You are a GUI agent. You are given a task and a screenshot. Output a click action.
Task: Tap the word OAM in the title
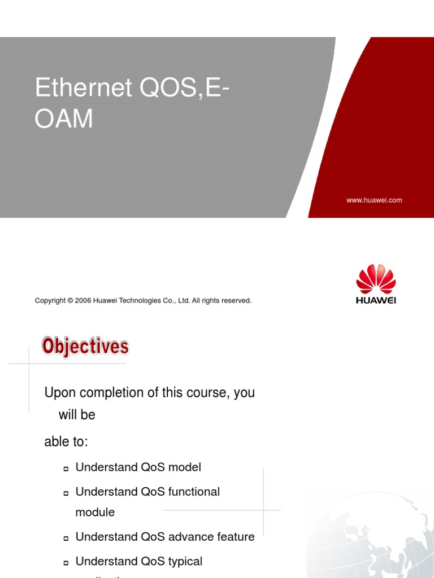[x=64, y=120]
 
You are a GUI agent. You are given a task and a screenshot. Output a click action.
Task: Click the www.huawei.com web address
[x=374, y=200]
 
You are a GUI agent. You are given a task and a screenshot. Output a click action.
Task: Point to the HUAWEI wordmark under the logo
[x=376, y=300]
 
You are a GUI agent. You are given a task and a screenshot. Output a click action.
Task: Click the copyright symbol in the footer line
[x=71, y=301]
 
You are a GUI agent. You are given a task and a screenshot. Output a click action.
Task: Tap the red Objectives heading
[x=86, y=346]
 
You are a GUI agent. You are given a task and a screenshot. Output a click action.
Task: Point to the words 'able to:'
[x=66, y=442]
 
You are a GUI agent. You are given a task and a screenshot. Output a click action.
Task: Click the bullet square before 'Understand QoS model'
[x=66, y=468]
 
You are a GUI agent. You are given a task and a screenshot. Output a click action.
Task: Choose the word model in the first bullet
[x=184, y=467]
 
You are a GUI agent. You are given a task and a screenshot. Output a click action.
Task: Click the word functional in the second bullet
[x=194, y=492]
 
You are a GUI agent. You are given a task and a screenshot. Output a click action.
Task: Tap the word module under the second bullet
[x=95, y=513]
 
